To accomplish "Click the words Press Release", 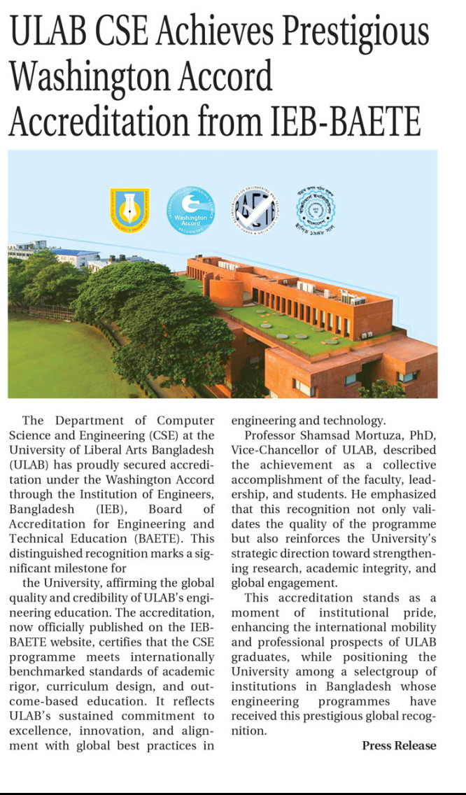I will pos(399,745).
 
